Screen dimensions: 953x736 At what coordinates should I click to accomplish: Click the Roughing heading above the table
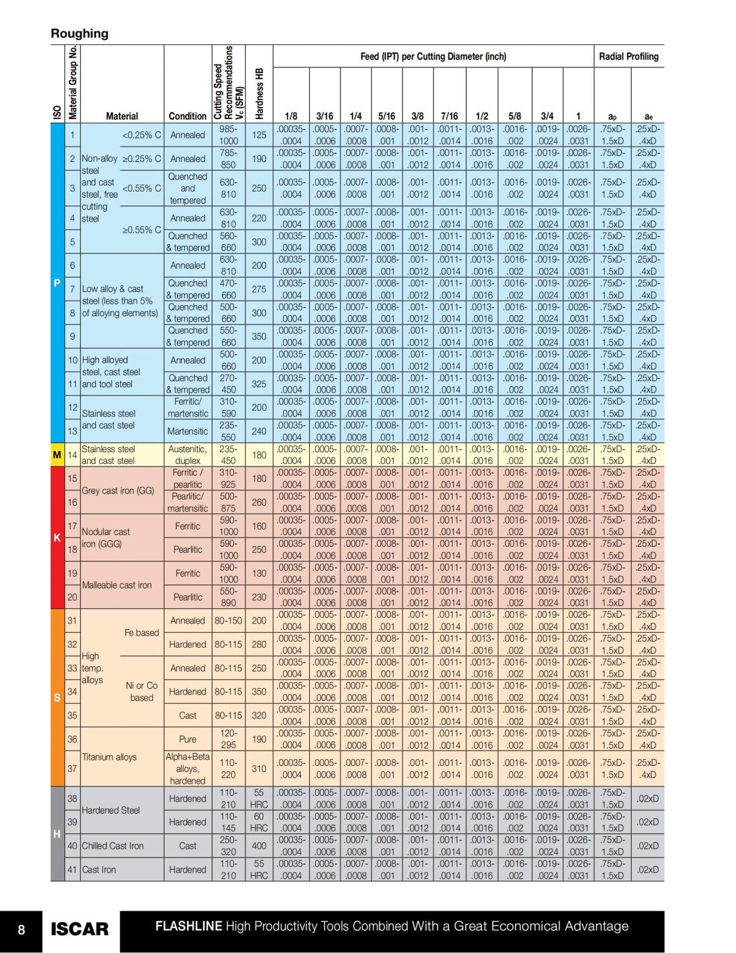(79, 34)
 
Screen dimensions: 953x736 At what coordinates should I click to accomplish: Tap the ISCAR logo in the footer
(79, 929)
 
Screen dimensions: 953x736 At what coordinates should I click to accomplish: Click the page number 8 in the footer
(21, 930)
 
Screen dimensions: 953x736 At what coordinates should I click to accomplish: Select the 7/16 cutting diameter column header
(449, 115)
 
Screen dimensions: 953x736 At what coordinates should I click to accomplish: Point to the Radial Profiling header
(628, 56)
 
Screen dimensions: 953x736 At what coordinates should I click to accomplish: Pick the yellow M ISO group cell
(57, 455)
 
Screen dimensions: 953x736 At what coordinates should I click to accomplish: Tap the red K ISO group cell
(57, 538)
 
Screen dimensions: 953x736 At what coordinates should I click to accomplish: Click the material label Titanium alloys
(109, 757)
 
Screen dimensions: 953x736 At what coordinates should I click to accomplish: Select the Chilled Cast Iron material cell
(113, 846)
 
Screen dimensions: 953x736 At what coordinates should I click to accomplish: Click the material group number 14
(72, 455)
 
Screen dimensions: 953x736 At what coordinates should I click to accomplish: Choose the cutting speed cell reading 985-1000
(228, 135)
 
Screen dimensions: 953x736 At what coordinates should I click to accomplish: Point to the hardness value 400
(259, 846)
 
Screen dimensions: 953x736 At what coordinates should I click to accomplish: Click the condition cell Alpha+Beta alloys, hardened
(188, 768)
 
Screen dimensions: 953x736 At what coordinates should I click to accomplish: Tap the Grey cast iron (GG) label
(118, 490)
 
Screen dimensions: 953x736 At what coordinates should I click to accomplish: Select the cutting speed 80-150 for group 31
(228, 620)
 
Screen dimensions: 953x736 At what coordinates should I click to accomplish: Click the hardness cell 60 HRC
(259, 822)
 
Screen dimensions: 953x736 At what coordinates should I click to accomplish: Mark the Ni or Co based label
(142, 692)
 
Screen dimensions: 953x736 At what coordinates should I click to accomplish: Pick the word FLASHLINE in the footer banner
(188, 926)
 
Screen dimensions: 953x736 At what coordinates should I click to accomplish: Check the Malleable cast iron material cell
(117, 585)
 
